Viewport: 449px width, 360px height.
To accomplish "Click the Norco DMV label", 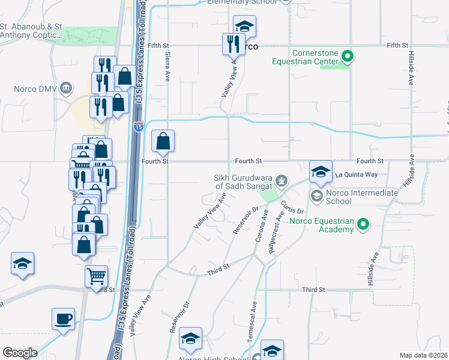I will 35,89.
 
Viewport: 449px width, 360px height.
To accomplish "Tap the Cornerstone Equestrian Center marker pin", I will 346,57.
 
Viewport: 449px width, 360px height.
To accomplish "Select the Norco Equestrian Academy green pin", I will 363,225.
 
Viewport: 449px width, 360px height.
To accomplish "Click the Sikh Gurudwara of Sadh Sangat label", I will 243,182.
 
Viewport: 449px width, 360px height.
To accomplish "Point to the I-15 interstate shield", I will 139,127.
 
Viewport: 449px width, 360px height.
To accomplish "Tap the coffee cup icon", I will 63,319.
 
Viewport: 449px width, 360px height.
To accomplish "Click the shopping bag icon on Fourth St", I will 163,142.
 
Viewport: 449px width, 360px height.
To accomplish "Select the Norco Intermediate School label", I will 362,197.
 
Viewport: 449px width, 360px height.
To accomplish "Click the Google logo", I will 19,353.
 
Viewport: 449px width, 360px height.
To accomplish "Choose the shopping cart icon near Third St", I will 96,276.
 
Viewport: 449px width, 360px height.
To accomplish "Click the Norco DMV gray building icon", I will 66,89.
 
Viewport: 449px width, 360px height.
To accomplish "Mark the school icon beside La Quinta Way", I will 321,172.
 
